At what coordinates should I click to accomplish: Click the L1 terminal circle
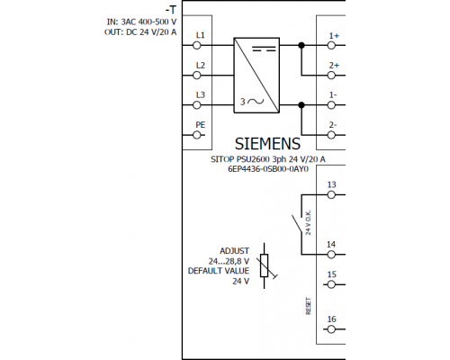[x=197, y=45]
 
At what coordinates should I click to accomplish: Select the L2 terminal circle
[x=197, y=76]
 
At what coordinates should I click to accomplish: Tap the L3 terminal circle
[x=197, y=105]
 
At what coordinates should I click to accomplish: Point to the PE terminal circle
[x=197, y=135]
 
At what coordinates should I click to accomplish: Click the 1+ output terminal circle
[x=331, y=45]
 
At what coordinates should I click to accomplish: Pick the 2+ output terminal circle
[x=331, y=76]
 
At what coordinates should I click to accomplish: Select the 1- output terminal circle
[x=331, y=105]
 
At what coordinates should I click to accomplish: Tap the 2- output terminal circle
[x=331, y=135]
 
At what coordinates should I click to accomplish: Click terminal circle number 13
[x=331, y=194]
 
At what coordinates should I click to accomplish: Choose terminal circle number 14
[x=331, y=255]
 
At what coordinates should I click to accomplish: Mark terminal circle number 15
[x=331, y=284]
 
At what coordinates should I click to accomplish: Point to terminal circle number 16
[x=331, y=329]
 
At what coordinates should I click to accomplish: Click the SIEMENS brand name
[x=267, y=144]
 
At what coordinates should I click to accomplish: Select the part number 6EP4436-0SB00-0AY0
[x=268, y=169]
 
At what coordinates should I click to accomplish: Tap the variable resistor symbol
[x=265, y=265]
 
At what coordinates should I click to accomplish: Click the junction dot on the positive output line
[x=301, y=45]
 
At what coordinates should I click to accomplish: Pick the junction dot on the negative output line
[x=301, y=105]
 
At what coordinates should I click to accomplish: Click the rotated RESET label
[x=308, y=306]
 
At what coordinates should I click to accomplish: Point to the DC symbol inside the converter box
[x=264, y=49]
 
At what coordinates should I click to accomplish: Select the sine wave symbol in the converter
[x=256, y=102]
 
